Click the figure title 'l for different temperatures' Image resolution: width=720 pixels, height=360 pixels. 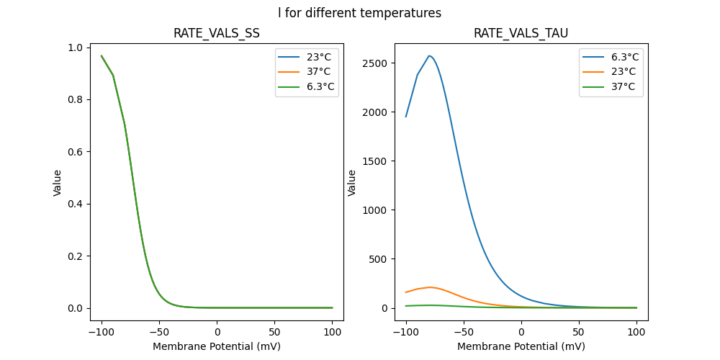pyautogui.click(x=359, y=13)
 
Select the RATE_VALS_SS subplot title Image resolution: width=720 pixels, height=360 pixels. pyautogui.click(x=216, y=34)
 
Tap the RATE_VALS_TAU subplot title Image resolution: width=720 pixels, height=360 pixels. pyautogui.click(x=521, y=34)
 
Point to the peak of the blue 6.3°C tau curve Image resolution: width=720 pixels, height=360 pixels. pyautogui.click(x=429, y=56)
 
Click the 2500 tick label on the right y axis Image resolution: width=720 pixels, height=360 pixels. pyautogui.click(x=378, y=63)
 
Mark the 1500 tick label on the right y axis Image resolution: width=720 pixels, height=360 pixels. pyautogui.click(x=378, y=161)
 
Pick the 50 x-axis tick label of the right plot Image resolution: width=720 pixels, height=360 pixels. pyautogui.click(x=579, y=332)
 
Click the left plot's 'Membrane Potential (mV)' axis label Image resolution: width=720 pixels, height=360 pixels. pyautogui.click(x=216, y=346)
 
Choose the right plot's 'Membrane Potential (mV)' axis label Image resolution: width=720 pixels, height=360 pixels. pyautogui.click(x=521, y=346)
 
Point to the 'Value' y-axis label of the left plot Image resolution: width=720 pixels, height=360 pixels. pyautogui.click(x=58, y=183)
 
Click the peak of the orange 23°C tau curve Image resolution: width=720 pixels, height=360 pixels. pyautogui.click(x=431, y=287)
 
